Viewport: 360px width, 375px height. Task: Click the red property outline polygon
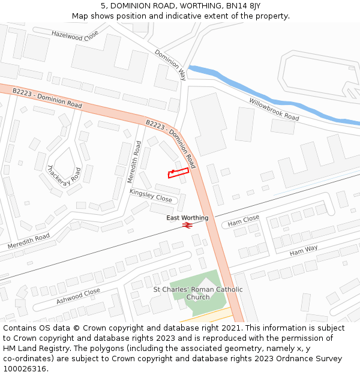click(x=178, y=173)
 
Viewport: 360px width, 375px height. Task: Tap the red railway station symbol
click(x=187, y=225)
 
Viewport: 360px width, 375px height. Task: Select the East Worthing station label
click(x=187, y=218)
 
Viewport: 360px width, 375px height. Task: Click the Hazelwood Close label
click(x=74, y=36)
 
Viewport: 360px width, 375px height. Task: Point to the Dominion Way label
click(x=171, y=64)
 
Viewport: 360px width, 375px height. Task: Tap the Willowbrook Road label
click(x=274, y=109)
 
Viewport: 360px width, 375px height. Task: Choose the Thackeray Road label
click(x=64, y=173)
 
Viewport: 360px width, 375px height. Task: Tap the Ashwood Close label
click(x=78, y=296)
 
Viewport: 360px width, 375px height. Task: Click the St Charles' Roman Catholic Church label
click(x=198, y=293)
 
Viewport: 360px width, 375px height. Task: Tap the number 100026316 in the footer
click(x=25, y=368)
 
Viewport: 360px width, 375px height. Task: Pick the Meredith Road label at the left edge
click(x=28, y=242)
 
